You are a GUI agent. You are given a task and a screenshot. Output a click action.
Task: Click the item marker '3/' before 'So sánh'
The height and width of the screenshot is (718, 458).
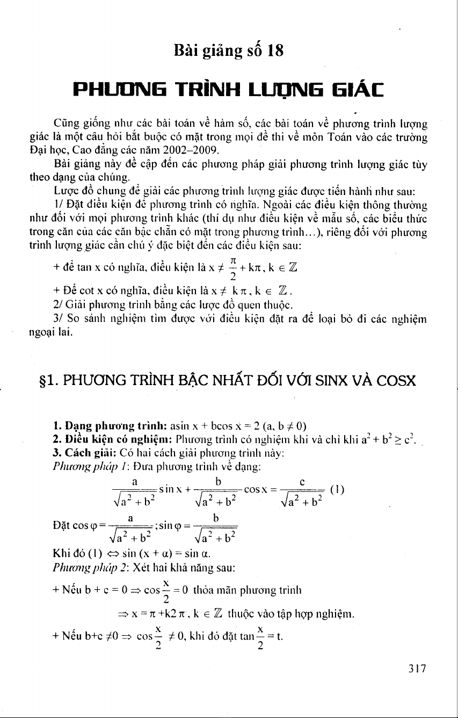click(59, 317)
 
